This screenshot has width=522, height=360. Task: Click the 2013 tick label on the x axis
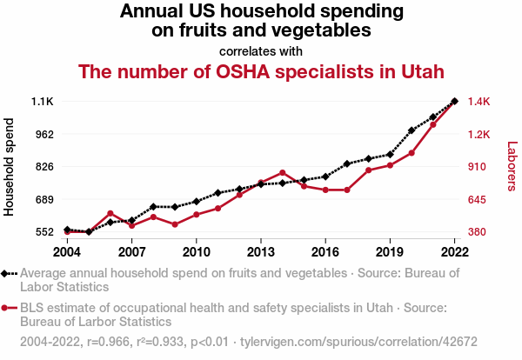point(261,252)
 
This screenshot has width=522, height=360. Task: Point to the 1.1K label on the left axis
point(42,102)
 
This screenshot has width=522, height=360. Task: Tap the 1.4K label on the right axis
point(480,102)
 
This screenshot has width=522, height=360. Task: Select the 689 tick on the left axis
point(43,199)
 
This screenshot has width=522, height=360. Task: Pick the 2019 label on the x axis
point(390,252)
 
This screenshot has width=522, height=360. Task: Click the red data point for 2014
point(283,172)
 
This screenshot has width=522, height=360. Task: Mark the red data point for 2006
point(110,213)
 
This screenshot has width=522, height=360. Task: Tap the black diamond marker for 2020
point(412,130)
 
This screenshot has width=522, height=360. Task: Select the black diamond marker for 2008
point(153,207)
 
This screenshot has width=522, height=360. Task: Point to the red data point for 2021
point(433,124)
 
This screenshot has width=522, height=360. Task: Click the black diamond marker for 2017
point(347,163)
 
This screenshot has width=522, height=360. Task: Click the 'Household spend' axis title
point(10,166)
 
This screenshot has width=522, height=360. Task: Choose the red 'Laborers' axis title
point(512,166)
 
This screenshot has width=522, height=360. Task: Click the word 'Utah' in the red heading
point(418,71)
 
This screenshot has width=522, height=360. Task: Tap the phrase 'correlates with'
point(261,51)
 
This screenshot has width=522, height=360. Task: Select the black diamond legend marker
point(7,273)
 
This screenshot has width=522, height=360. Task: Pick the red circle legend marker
point(7,308)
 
